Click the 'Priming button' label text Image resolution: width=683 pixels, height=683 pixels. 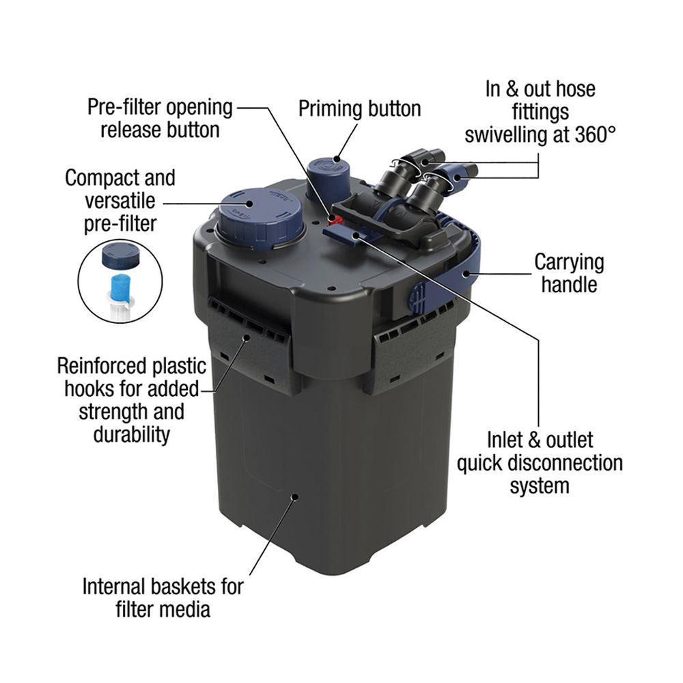click(359, 109)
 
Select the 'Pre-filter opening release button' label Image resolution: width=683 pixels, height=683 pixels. click(160, 118)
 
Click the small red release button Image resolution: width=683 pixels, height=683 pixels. click(335, 219)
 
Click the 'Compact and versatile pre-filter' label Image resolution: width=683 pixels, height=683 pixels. click(120, 201)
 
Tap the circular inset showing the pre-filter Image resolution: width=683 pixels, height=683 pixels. click(120, 280)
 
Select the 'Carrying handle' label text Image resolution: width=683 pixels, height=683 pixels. click(569, 273)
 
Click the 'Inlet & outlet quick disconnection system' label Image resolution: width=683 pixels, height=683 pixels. click(540, 462)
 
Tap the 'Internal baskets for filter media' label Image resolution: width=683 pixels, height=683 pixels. click(163, 596)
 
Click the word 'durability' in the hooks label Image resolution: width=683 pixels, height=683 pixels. click(132, 434)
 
